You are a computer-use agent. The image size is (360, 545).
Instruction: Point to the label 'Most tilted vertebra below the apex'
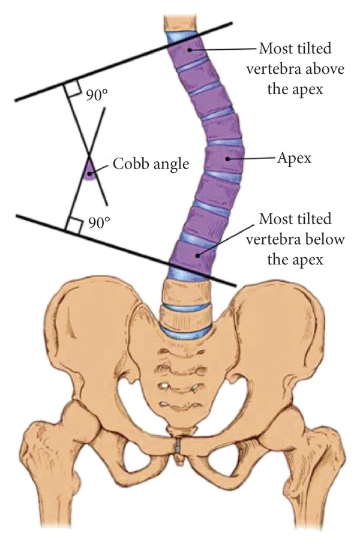click(x=299, y=239)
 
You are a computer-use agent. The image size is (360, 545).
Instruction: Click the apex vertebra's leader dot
click(x=227, y=158)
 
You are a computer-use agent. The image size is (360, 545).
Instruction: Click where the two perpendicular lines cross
click(x=88, y=152)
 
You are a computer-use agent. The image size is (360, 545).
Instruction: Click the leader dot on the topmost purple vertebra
click(x=190, y=50)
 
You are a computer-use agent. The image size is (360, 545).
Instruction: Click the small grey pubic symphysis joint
click(x=179, y=447)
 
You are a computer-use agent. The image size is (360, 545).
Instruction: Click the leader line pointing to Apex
click(x=252, y=158)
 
